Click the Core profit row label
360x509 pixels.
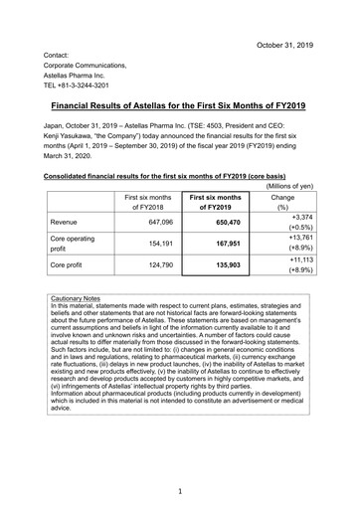tap(75, 265)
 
